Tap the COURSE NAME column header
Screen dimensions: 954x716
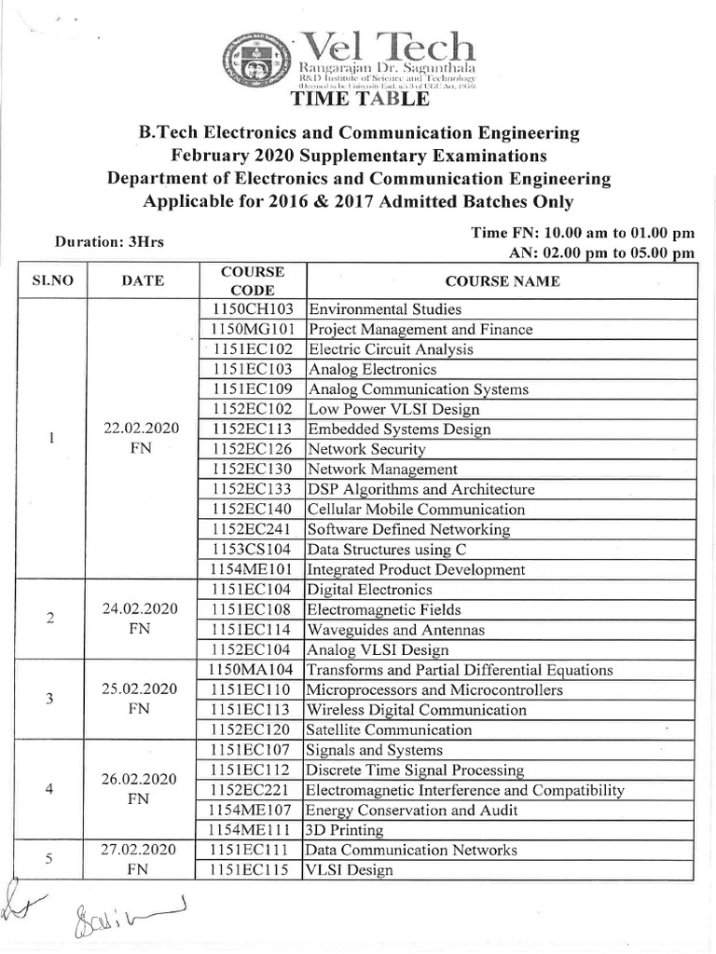502,280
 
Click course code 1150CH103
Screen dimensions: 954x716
252,309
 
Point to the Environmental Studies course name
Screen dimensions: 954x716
384,309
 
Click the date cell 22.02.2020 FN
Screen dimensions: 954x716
142,439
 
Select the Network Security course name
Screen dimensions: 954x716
366,449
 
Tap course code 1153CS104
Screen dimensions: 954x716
252,550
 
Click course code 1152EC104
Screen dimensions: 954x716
252,650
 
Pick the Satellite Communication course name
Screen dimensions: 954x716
389,730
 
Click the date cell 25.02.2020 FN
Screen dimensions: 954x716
142,699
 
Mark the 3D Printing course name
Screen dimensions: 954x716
344,830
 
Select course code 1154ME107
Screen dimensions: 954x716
252,811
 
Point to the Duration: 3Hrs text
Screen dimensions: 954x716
109,242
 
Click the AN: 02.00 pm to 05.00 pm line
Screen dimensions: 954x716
601,252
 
